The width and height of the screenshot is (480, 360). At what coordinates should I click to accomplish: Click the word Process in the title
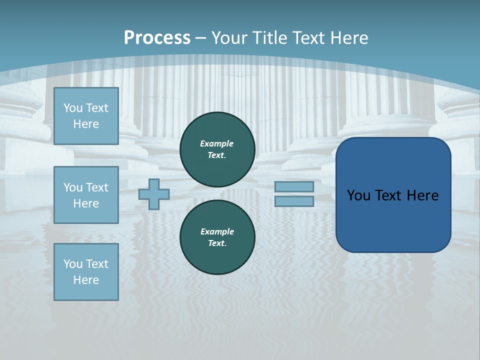pyautogui.click(x=157, y=38)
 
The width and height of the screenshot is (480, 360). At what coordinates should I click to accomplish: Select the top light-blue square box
pyautogui.click(x=86, y=116)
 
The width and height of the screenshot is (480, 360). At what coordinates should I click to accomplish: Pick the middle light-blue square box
pyautogui.click(x=86, y=195)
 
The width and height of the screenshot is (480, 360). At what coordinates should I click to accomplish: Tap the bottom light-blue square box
pyautogui.click(x=86, y=271)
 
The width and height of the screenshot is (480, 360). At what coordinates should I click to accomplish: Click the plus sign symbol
pyautogui.click(x=154, y=194)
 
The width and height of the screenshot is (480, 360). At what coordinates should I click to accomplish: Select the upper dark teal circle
pyautogui.click(x=217, y=149)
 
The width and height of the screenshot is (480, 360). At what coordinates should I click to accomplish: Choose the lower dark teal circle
pyautogui.click(x=217, y=237)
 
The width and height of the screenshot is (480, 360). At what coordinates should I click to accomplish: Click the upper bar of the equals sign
pyautogui.click(x=294, y=186)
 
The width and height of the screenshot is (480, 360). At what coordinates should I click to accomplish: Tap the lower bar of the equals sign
pyautogui.click(x=294, y=201)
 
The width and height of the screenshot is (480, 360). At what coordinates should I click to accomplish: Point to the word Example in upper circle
pyautogui.click(x=217, y=143)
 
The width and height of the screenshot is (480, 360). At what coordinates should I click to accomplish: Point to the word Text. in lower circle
pyautogui.click(x=217, y=243)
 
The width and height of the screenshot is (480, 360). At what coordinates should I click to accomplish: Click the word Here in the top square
pyautogui.click(x=86, y=124)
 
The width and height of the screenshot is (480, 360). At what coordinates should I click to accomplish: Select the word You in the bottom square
pyautogui.click(x=73, y=263)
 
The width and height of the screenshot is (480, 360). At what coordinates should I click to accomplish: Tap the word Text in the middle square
pyautogui.click(x=96, y=187)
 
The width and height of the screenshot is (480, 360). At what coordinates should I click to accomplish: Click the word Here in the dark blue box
pyautogui.click(x=422, y=195)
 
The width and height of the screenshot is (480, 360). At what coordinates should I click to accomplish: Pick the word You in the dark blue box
pyautogui.click(x=358, y=195)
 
